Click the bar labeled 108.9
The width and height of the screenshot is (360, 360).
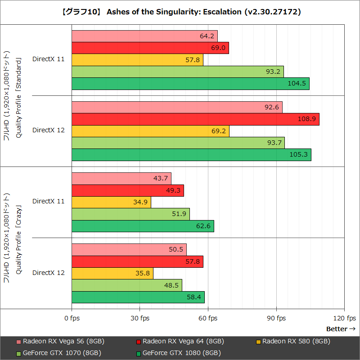195,119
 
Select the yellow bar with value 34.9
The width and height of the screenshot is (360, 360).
111,202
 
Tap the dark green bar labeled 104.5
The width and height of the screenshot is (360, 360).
190,84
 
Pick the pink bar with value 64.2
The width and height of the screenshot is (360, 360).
144,36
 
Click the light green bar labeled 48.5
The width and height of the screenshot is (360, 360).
126,285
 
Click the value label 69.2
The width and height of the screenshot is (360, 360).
219,131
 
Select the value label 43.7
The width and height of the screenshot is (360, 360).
161,178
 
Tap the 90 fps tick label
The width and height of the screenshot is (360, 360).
276,319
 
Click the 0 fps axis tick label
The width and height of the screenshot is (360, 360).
72,319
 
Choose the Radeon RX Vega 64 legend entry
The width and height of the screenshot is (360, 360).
180,341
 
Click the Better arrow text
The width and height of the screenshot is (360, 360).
341,329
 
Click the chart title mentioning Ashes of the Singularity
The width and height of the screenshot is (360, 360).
180,12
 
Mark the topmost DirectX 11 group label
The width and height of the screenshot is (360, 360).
49,59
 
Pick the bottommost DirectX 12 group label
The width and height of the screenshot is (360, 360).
49,273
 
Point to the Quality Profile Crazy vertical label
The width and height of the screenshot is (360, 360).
19,238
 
